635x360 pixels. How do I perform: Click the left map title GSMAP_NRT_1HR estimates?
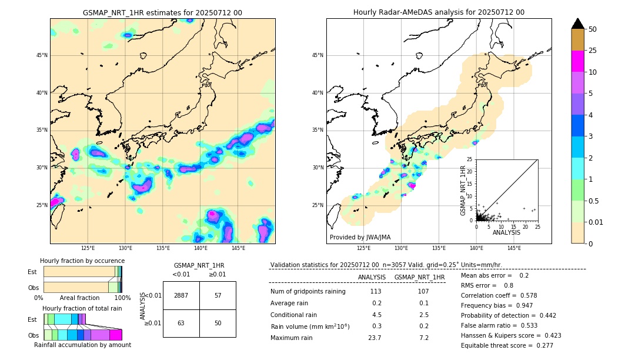162,12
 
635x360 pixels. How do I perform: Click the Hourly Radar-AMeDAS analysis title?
439,12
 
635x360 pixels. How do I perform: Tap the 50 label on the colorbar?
593,29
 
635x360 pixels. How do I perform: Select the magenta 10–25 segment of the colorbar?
578,61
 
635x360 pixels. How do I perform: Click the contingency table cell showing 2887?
181,295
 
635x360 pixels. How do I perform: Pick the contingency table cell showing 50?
218,323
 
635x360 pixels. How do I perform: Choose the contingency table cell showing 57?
218,295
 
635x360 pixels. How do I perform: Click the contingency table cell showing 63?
181,323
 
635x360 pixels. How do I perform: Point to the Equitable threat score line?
507,345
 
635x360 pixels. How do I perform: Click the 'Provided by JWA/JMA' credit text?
360,238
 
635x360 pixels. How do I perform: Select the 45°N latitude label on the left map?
42,55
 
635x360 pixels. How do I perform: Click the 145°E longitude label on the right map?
514,248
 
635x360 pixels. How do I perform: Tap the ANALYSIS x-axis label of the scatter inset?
506,232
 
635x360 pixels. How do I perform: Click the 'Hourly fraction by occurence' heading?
82,261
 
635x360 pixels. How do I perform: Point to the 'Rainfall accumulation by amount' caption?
82,345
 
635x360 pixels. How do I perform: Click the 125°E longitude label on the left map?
88,248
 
